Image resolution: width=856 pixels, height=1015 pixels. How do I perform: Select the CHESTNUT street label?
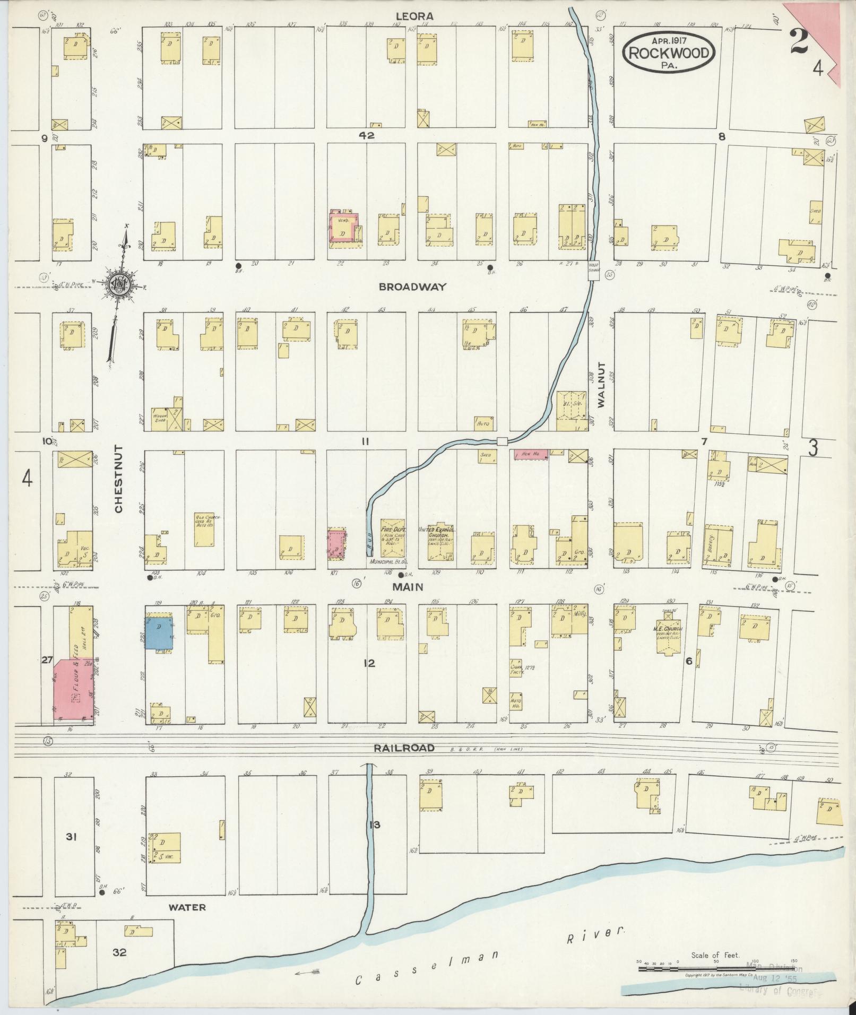click(x=118, y=479)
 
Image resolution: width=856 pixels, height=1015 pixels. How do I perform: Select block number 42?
click(x=366, y=135)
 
